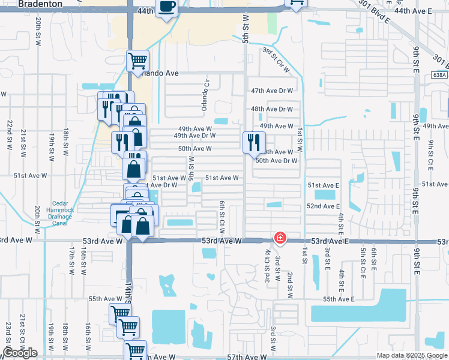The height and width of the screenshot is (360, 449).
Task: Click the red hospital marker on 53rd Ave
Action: pyautogui.click(x=280, y=238)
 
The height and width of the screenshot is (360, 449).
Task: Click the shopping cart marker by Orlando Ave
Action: pyautogui.click(x=137, y=61)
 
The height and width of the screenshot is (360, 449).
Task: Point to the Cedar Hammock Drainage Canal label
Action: pyautogui.click(x=60, y=213)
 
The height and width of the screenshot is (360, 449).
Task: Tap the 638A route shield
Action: pyautogui.click(x=439, y=75)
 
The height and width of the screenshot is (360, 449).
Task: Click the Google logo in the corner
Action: pyautogui.click(x=20, y=353)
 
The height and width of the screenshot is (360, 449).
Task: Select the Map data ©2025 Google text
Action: pyautogui.click(x=412, y=355)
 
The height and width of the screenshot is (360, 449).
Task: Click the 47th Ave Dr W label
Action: pyautogui.click(x=272, y=91)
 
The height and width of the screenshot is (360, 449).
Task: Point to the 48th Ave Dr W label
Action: pyautogui.click(x=272, y=109)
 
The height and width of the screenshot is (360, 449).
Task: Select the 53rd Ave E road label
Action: pyautogui.click(x=325, y=241)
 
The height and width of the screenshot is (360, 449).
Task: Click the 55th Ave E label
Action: pyautogui.click(x=339, y=299)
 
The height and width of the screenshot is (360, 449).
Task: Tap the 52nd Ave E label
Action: pyautogui.click(x=324, y=206)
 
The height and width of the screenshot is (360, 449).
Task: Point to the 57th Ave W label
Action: pyautogui.click(x=246, y=357)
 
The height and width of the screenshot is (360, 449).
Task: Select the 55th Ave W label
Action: pyautogui.click(x=105, y=299)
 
